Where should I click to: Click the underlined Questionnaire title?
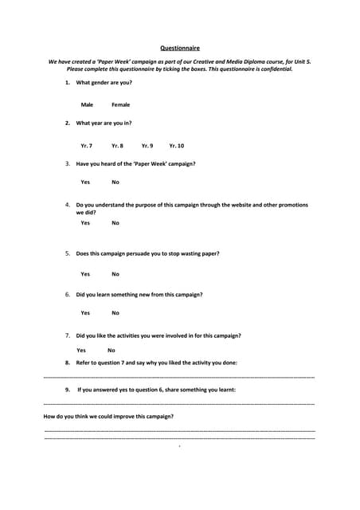coord(180,48)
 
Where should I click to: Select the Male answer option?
coord(87,104)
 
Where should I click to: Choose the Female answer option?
coord(120,104)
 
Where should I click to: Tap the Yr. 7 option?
coord(87,146)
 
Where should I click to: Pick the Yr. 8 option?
coord(117,146)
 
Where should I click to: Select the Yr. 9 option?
coord(147,146)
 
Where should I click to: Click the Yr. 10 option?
coord(177,146)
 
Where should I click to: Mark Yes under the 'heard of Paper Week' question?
coord(85,182)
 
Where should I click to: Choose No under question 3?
coord(115,182)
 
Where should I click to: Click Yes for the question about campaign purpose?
coord(85,223)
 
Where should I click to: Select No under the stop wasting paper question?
coord(115,274)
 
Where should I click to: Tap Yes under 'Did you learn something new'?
coord(85,313)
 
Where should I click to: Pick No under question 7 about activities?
coord(112,350)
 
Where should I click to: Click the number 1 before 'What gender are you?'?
coord(68,83)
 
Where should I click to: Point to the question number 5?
coord(68,253)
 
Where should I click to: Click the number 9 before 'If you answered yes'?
coord(68,390)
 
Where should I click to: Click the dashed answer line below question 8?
coord(179,376)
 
